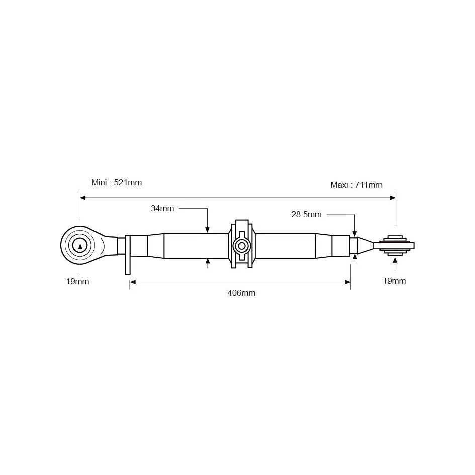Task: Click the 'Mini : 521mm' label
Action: pyautogui.click(x=116, y=182)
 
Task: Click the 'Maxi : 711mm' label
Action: pyautogui.click(x=356, y=185)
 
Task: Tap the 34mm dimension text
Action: pyautogui.click(x=162, y=208)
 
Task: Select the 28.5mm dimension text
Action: pyautogui.click(x=306, y=214)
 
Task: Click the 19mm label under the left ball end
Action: pyautogui.click(x=77, y=281)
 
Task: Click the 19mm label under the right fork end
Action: pyautogui.click(x=394, y=281)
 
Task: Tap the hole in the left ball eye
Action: pyautogui.click(x=79, y=245)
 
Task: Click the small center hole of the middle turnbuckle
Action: pyautogui.click(x=242, y=246)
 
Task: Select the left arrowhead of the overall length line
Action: pyautogui.click(x=83, y=198)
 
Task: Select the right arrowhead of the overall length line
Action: pyautogui.click(x=392, y=198)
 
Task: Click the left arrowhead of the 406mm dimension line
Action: pyautogui.click(x=133, y=282)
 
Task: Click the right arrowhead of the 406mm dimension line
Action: pyautogui.click(x=347, y=282)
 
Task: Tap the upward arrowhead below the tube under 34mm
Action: pyautogui.click(x=208, y=262)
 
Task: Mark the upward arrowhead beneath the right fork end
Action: pyautogui.click(x=395, y=260)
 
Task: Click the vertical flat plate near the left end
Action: pyautogui.click(x=128, y=255)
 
